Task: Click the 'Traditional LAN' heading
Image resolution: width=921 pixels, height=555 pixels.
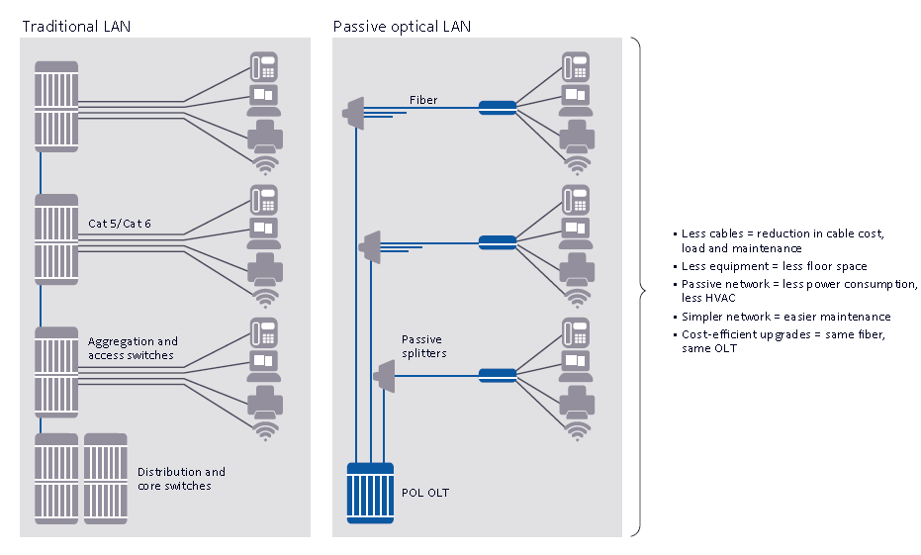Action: pyautogui.click(x=76, y=27)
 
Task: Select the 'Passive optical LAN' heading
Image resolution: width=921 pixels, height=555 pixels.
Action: pyautogui.click(x=402, y=27)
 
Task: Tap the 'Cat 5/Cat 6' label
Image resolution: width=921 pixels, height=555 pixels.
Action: pyautogui.click(x=120, y=224)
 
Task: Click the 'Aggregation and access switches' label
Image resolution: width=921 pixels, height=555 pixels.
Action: pyautogui.click(x=133, y=348)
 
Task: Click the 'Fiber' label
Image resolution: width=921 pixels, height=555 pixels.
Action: pyautogui.click(x=423, y=100)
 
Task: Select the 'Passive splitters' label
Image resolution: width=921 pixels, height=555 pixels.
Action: pyautogui.click(x=423, y=346)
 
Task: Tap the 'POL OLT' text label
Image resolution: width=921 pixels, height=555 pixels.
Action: pyautogui.click(x=424, y=492)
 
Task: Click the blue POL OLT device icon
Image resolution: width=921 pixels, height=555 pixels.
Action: pyautogui.click(x=370, y=492)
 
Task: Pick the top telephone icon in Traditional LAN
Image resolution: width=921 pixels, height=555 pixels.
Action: pyautogui.click(x=264, y=66)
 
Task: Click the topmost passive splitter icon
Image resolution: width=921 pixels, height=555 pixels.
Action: pyautogui.click(x=353, y=111)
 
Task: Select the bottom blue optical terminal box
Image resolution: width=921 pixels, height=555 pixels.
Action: pyautogui.click(x=497, y=375)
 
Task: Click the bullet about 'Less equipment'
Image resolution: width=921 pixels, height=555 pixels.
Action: pyautogui.click(x=774, y=266)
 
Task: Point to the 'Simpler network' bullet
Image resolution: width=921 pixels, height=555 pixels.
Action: pyautogui.click(x=785, y=317)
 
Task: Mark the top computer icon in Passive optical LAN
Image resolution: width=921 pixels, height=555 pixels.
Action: pyautogui.click(x=577, y=97)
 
